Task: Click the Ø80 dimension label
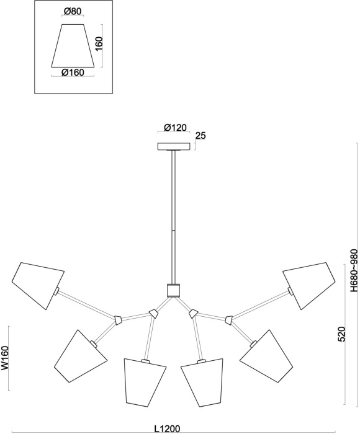tap(73, 11)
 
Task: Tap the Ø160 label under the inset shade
tap(73, 73)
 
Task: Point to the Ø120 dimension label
tap(175, 128)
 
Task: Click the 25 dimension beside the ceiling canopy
tap(200, 135)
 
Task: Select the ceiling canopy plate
tap(175, 147)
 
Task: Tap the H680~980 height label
tap(353, 270)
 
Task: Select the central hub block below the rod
tap(173, 290)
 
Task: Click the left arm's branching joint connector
tap(117, 320)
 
